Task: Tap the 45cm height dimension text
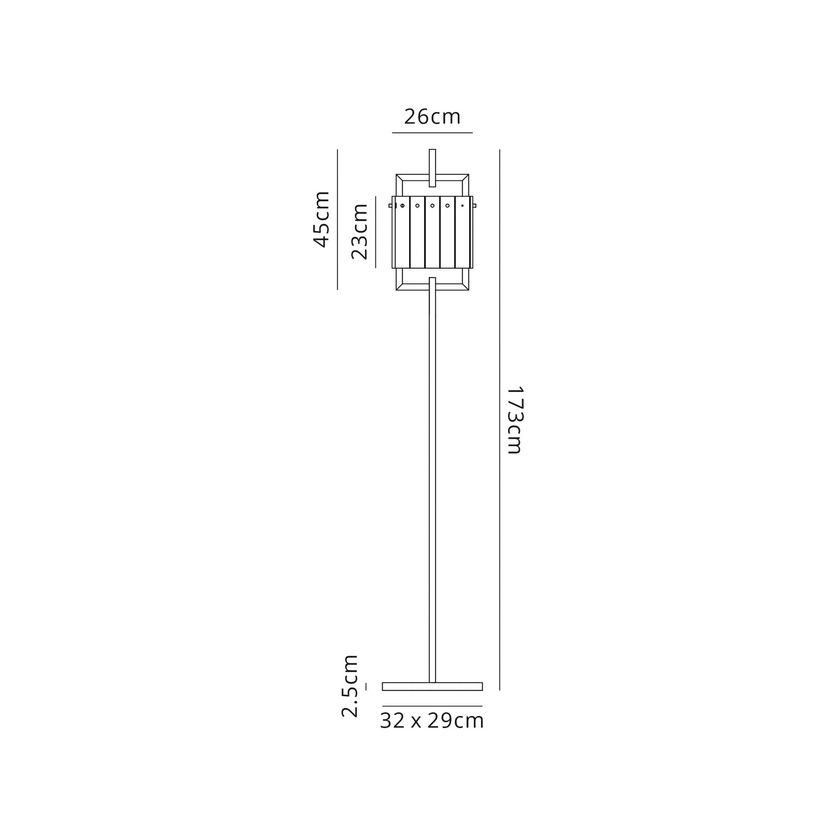point(321,219)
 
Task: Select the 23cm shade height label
point(359,231)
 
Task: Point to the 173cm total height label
point(515,420)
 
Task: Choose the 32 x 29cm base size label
point(432,721)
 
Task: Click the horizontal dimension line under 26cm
point(432,133)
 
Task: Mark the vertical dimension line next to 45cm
point(337,219)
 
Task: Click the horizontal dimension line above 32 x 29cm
point(432,706)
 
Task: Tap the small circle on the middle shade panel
point(432,205)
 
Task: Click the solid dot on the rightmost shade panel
point(462,205)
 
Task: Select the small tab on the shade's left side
point(391,205)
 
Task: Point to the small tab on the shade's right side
point(475,205)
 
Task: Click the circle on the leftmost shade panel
point(403,205)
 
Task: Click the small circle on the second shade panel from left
point(417,205)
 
